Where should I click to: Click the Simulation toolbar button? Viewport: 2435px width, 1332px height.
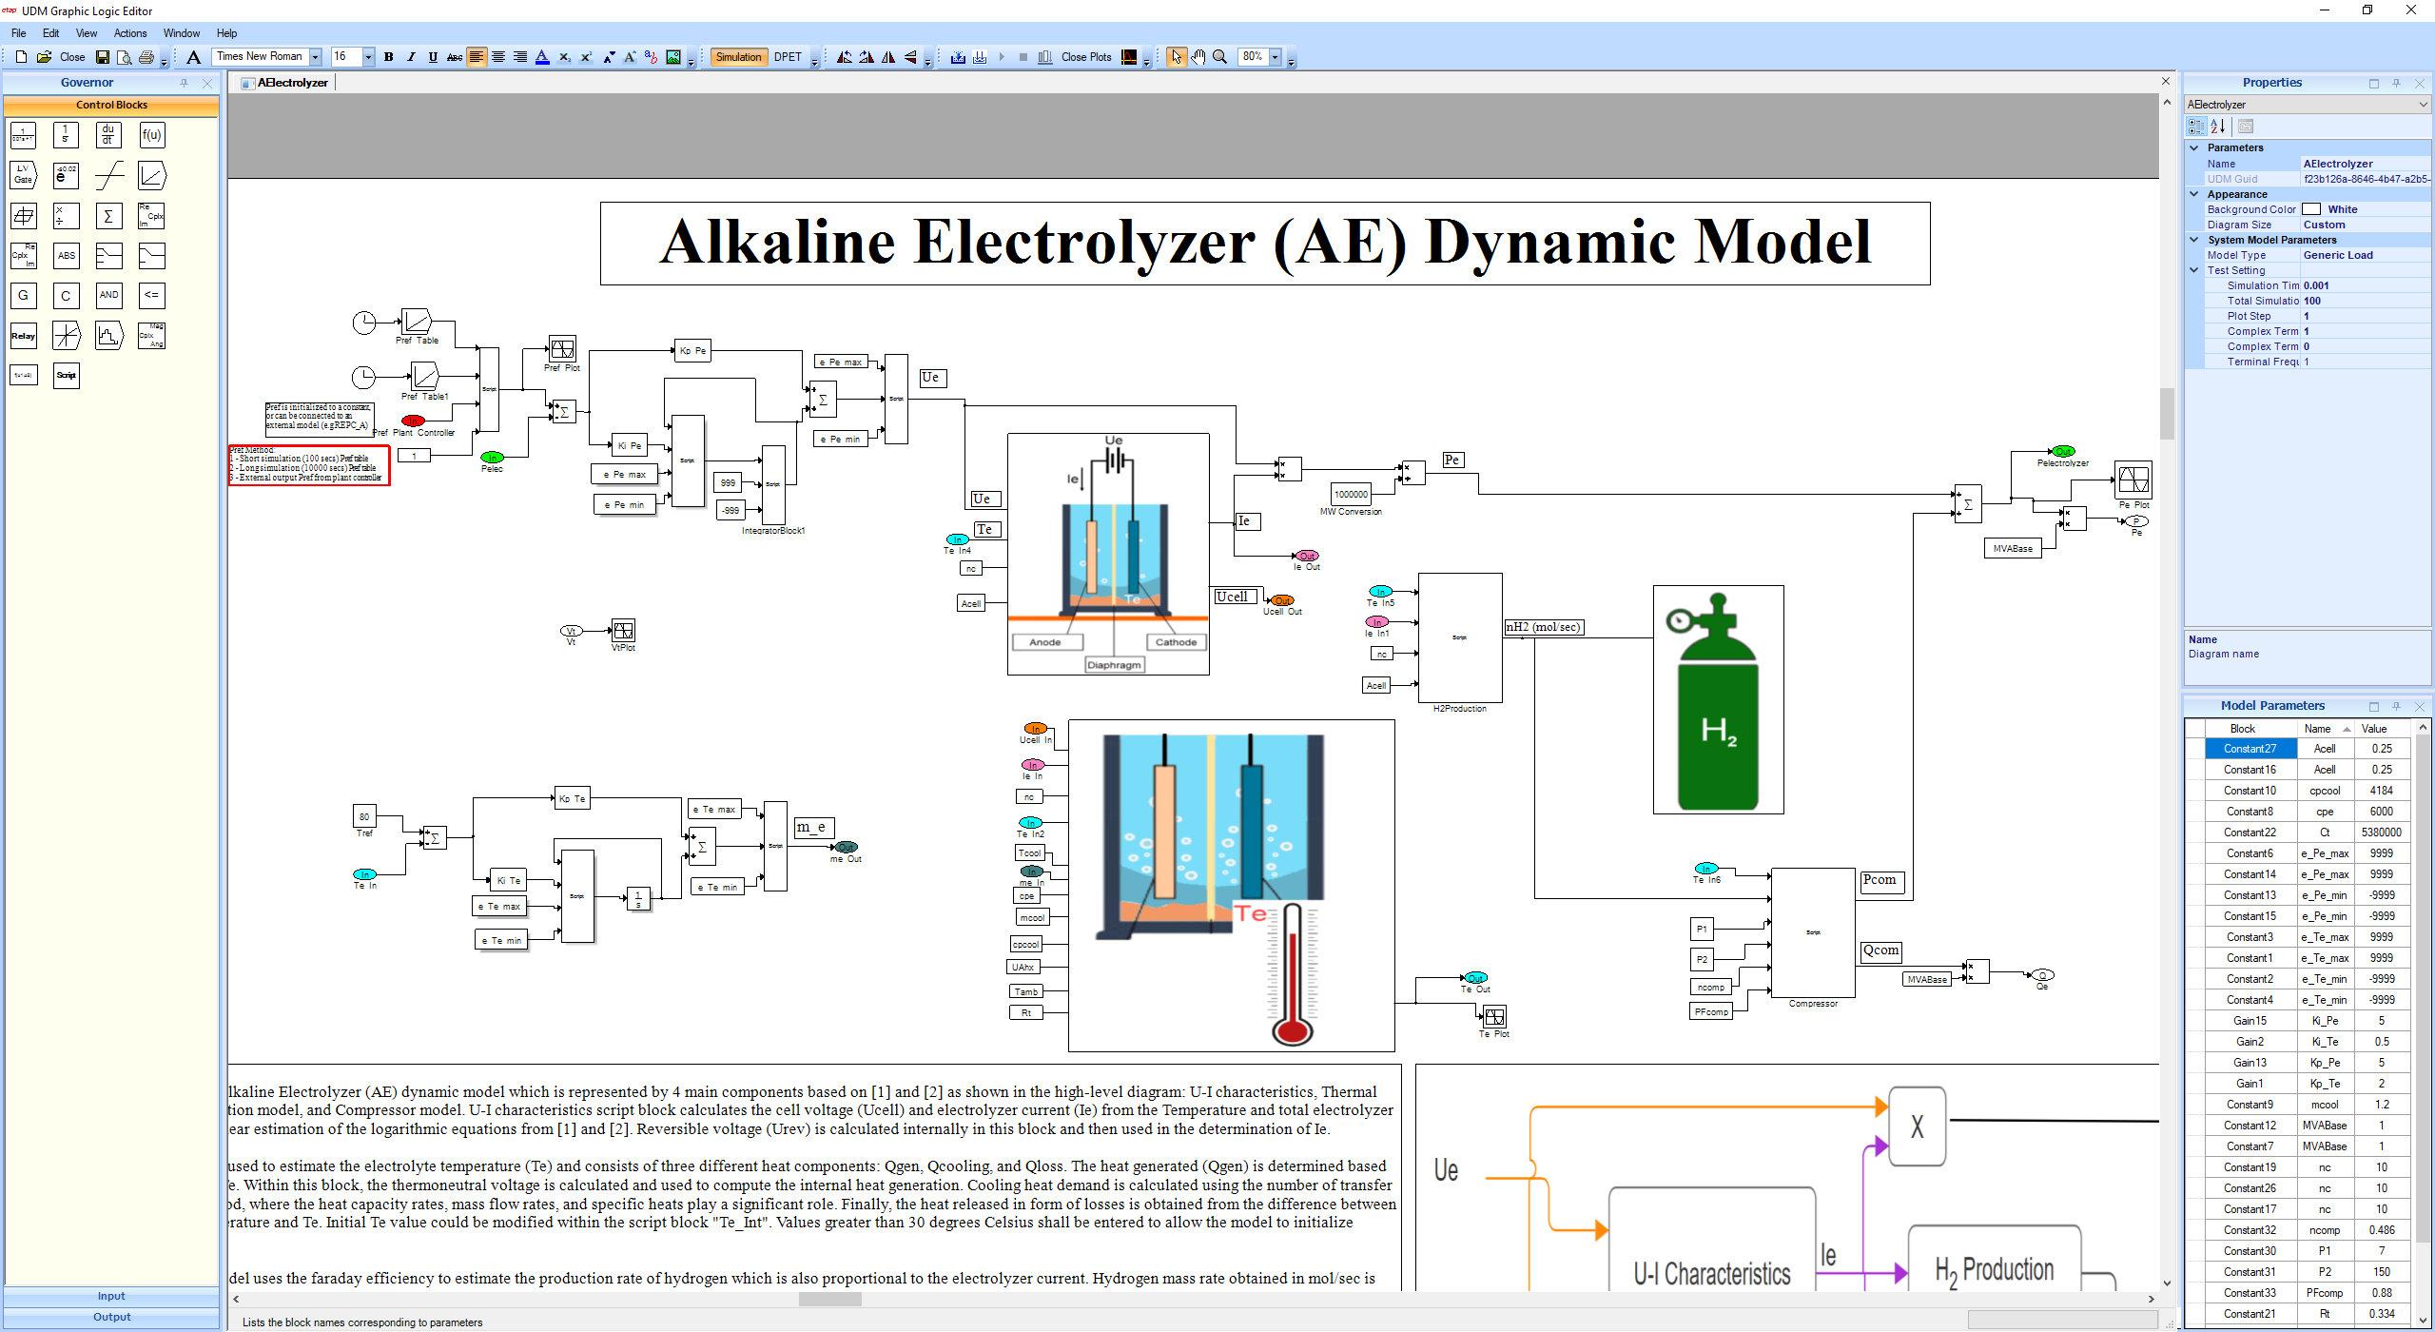pyautogui.click(x=738, y=57)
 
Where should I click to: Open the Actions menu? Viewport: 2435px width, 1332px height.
pyautogui.click(x=130, y=33)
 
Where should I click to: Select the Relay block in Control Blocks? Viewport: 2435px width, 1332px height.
pyautogui.click(x=24, y=336)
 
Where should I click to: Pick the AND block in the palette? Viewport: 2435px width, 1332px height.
pyautogui.click(x=108, y=295)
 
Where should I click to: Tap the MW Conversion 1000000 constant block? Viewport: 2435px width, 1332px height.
pyautogui.click(x=1351, y=494)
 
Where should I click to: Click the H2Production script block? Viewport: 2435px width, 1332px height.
pyautogui.click(x=1460, y=637)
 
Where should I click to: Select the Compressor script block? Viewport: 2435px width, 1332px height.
pyautogui.click(x=1813, y=932)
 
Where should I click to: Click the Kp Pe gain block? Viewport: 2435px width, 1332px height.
pyautogui.click(x=692, y=351)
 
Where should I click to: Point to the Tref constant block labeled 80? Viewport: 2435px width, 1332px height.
pyautogui.click(x=364, y=816)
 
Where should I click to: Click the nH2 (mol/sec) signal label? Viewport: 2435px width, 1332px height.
pyautogui.click(x=1543, y=627)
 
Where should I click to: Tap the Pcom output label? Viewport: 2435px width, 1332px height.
pyautogui.click(x=1880, y=880)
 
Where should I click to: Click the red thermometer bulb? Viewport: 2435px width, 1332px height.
pyautogui.click(x=1293, y=1029)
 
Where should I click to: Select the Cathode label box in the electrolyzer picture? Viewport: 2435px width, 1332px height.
pyautogui.click(x=1176, y=642)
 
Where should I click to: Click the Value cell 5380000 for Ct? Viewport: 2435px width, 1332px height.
pyautogui.click(x=2381, y=832)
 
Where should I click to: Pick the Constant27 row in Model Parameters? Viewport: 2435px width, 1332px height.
pyautogui.click(x=2250, y=749)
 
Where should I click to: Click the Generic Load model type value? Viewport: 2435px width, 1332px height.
pyautogui.click(x=2338, y=255)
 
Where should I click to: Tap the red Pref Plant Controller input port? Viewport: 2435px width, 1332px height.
pyautogui.click(x=413, y=421)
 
